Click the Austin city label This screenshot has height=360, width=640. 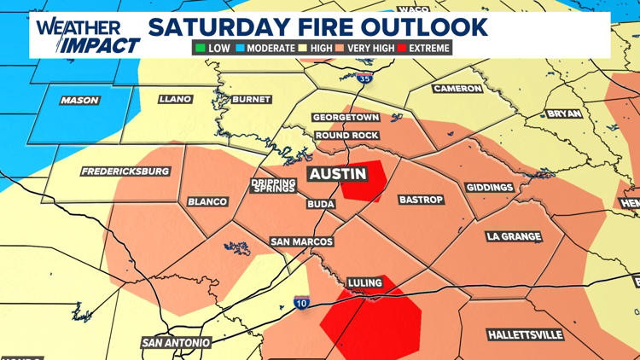click(337, 174)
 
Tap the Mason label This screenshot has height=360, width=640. click(80, 101)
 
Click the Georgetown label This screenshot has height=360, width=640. click(345, 117)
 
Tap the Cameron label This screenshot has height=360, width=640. click(458, 89)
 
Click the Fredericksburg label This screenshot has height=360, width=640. click(125, 171)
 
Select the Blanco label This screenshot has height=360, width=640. click(208, 202)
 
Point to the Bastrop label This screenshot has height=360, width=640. click(422, 200)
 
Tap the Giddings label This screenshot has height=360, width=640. click(490, 188)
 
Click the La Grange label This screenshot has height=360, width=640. click(509, 235)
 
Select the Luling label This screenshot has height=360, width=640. click(369, 282)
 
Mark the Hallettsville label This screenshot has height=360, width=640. click(523, 333)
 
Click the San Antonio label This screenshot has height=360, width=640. click(177, 343)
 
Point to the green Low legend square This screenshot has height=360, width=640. click(201, 49)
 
